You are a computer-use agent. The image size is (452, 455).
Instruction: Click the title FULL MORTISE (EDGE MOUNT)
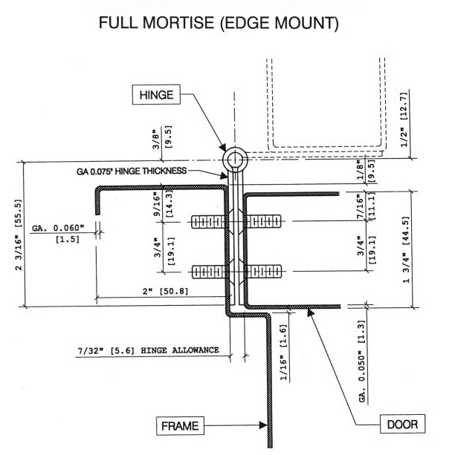coord(225,24)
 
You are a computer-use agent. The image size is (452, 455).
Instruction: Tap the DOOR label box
coord(401,425)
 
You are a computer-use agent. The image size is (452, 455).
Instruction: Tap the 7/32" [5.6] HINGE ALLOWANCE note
coord(149,350)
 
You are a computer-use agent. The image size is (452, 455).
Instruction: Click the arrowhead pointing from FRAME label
coord(262,425)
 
